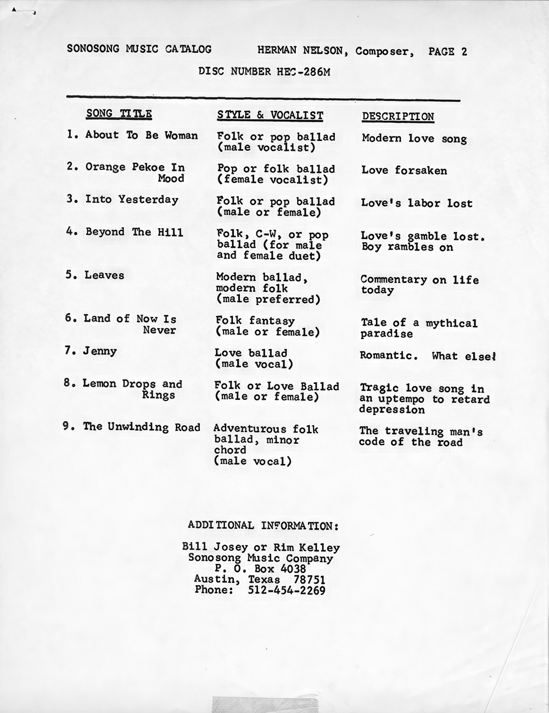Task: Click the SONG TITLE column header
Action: tap(119, 114)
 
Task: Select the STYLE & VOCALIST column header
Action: tap(270, 115)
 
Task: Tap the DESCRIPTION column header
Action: tap(397, 117)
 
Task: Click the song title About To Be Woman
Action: tap(141, 135)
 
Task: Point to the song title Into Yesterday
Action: tap(132, 200)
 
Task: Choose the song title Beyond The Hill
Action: tap(134, 232)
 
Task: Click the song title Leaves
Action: tap(104, 275)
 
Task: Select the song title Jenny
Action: tap(99, 351)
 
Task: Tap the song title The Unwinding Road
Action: tap(141, 427)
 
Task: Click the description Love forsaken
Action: tap(404, 171)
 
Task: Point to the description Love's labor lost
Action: tap(417, 203)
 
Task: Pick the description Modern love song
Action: tap(414, 139)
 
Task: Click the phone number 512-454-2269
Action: tap(287, 591)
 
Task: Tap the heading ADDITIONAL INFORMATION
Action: tap(263, 525)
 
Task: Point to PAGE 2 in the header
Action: tap(447, 52)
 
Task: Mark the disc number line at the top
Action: tap(264, 72)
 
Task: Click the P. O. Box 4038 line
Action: tap(260, 569)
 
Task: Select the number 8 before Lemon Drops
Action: tap(67, 383)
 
